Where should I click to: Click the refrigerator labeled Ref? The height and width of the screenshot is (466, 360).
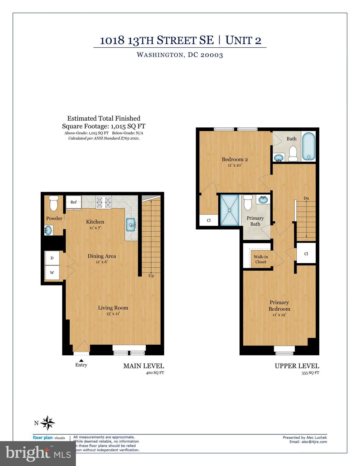click(x=74, y=202)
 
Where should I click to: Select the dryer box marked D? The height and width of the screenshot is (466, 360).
click(x=52, y=258)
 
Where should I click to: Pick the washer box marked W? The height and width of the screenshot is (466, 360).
click(x=52, y=272)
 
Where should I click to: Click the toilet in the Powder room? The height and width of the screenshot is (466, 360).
click(x=54, y=203)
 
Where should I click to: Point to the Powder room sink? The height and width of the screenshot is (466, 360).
click(x=48, y=230)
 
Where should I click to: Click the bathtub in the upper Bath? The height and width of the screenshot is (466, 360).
click(x=309, y=146)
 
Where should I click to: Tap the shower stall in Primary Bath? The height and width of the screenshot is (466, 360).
click(x=229, y=210)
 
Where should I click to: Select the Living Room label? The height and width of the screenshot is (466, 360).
click(x=113, y=308)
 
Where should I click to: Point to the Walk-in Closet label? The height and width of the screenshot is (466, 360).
click(x=260, y=259)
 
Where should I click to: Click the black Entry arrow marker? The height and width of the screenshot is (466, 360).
click(x=81, y=360)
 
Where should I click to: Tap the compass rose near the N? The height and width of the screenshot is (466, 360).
click(x=48, y=423)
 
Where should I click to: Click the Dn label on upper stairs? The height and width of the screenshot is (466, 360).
click(x=306, y=198)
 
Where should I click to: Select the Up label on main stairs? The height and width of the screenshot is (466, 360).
click(x=151, y=275)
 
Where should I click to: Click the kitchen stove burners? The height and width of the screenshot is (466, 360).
click(x=104, y=202)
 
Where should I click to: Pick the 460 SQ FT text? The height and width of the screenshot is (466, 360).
click(x=155, y=373)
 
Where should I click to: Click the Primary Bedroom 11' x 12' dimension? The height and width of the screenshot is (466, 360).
click(x=279, y=315)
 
